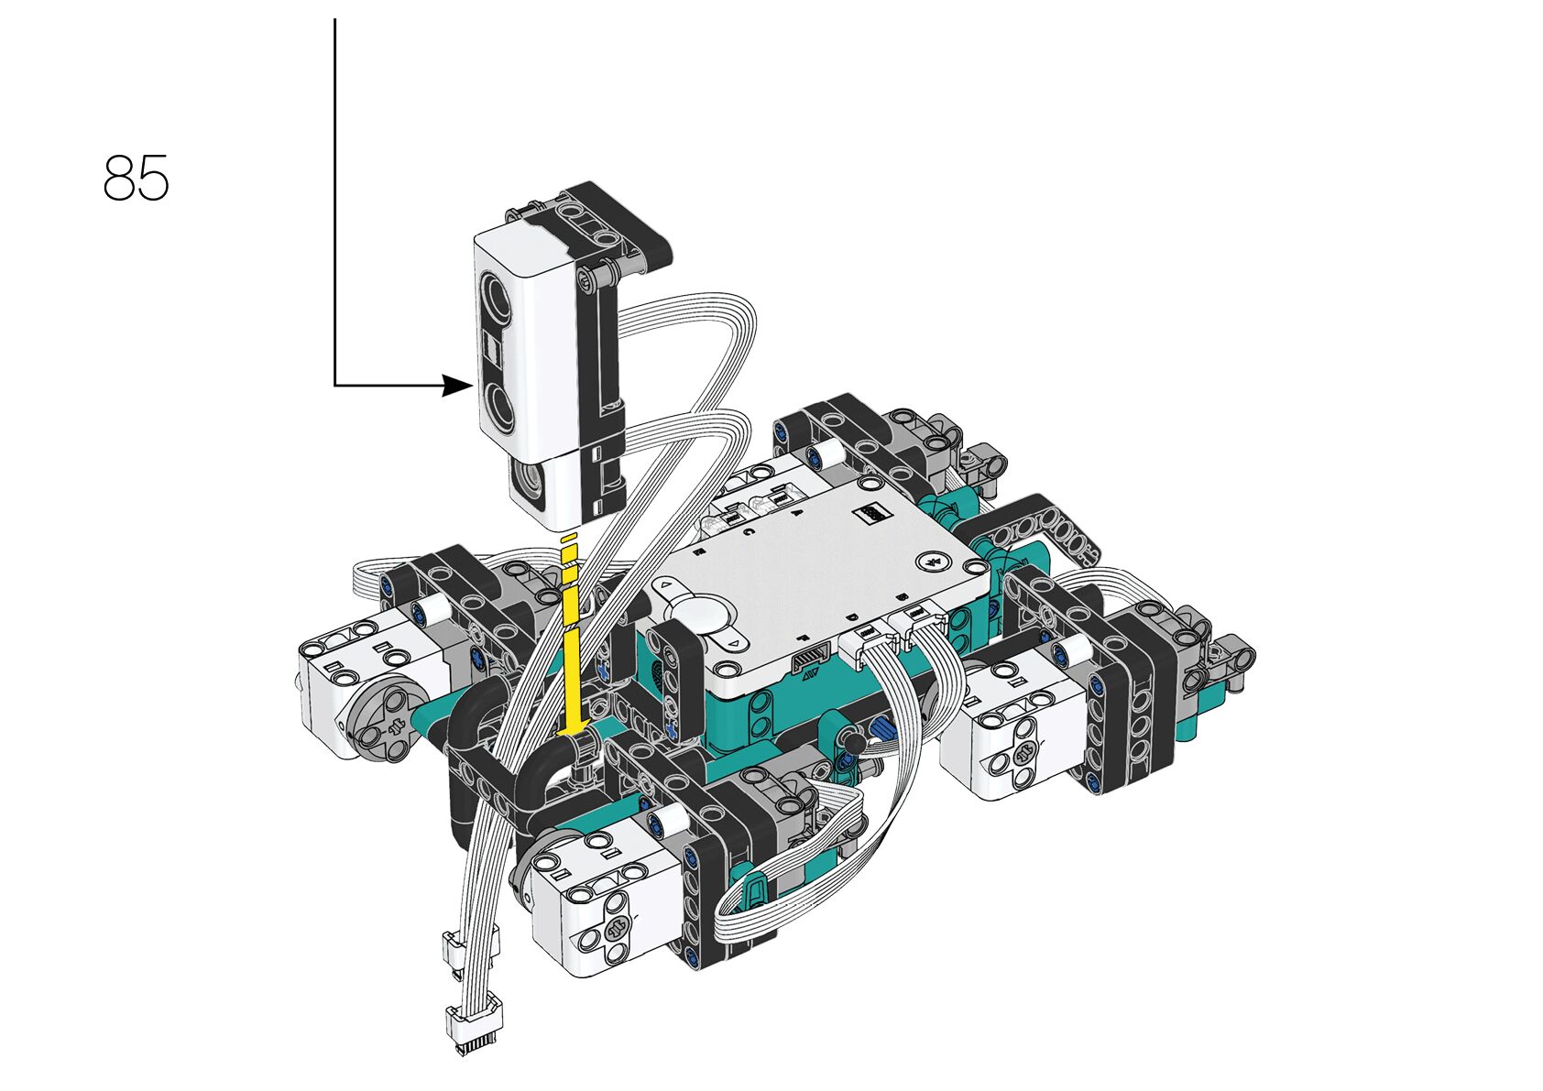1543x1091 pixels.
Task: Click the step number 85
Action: (136, 178)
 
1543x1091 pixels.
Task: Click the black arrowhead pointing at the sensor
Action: (457, 385)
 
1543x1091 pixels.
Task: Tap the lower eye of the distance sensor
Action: (498, 404)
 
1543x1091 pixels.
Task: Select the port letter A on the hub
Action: (798, 514)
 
